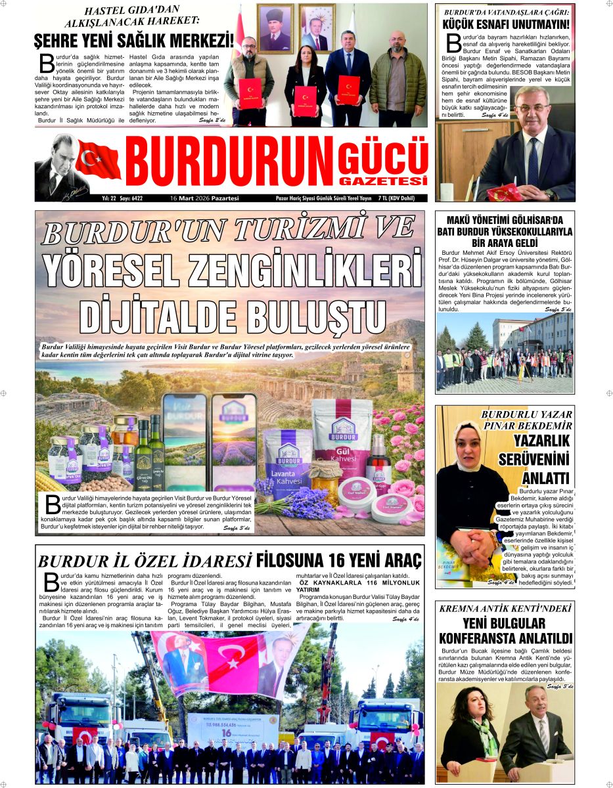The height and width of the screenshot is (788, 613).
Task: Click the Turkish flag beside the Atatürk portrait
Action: pyautogui.click(x=99, y=160)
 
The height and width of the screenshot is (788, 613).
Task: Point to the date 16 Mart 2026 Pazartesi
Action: pyautogui.click(x=204, y=198)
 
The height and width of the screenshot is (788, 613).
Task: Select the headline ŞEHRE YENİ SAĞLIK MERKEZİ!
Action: pyautogui.click(x=133, y=40)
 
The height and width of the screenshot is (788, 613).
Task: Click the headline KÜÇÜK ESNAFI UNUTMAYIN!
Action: pyautogui.click(x=505, y=26)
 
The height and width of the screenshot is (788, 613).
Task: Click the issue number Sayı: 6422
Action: pyautogui.click(x=131, y=198)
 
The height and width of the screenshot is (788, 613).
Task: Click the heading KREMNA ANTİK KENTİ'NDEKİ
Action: pyautogui.click(x=505, y=608)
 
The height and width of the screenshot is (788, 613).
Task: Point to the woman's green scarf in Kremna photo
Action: pyautogui.click(x=486, y=730)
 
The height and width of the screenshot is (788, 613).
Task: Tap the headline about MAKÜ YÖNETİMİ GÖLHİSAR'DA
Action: pyautogui.click(x=505, y=230)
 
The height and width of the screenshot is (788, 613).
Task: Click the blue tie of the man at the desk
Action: pyautogui.click(x=534, y=161)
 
